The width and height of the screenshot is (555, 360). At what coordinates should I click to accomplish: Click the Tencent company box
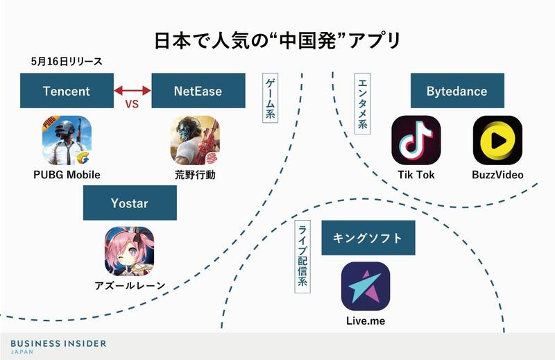(66, 91)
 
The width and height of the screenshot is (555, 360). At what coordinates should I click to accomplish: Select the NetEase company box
(198, 91)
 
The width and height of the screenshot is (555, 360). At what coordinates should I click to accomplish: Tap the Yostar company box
(130, 205)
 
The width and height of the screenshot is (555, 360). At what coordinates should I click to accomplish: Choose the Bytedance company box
(456, 91)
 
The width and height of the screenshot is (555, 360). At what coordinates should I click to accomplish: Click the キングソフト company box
(368, 238)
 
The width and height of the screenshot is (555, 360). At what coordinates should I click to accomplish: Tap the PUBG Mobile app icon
(67, 140)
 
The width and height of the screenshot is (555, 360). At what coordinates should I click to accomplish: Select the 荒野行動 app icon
(194, 140)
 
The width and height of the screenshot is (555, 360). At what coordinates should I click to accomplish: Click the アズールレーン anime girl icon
(129, 252)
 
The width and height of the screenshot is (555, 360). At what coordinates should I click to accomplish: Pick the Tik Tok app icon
(416, 140)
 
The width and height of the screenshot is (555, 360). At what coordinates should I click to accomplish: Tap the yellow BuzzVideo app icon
(497, 140)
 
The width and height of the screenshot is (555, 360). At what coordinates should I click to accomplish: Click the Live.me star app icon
(366, 286)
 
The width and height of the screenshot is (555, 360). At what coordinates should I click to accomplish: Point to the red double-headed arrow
(132, 90)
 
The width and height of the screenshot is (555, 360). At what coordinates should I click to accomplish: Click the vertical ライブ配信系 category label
(303, 257)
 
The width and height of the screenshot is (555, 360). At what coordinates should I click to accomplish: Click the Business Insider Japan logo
(59, 346)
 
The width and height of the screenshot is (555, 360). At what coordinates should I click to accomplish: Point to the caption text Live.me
(366, 320)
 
